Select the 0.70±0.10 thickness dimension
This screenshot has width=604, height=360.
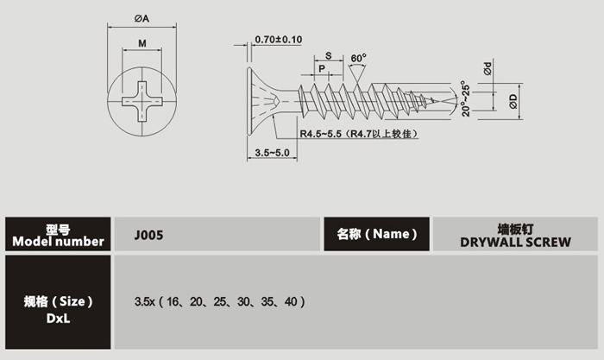pyautogui.click(x=279, y=40)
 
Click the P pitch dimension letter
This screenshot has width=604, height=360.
pyautogui.click(x=322, y=67)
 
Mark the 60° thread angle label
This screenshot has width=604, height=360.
pyautogui.click(x=359, y=58)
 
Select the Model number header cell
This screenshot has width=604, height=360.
pyautogui.click(x=59, y=234)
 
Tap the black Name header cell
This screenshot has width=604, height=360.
pyautogui.click(x=377, y=234)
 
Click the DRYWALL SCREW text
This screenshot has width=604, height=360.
pyautogui.click(x=515, y=242)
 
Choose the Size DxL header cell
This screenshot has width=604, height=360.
pyautogui.click(x=59, y=307)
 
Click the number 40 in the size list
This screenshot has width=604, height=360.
pyautogui.click(x=289, y=302)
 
